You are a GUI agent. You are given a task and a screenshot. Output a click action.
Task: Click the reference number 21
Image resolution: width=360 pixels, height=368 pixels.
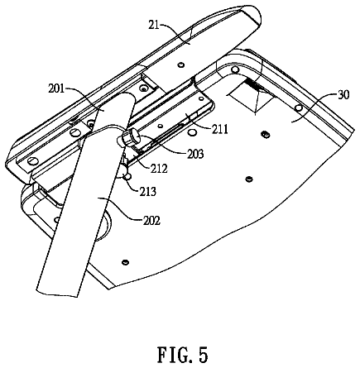point(154,25)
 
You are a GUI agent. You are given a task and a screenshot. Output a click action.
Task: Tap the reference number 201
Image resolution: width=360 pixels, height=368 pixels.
point(56,89)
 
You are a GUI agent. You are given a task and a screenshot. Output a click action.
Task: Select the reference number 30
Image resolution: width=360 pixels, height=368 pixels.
point(343,94)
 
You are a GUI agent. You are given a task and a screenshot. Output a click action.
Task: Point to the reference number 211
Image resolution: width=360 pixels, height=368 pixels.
point(220,129)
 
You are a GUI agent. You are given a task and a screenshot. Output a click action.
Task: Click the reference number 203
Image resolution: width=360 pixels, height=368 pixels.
point(195,154)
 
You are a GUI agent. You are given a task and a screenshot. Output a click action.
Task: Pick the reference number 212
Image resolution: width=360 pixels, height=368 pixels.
point(159,169)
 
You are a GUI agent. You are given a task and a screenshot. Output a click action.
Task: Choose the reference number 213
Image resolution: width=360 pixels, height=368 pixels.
point(147,191)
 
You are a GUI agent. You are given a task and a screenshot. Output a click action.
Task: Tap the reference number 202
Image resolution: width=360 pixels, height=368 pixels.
point(151,220)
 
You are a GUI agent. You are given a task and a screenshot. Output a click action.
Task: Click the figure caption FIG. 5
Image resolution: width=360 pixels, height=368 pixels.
point(182,355)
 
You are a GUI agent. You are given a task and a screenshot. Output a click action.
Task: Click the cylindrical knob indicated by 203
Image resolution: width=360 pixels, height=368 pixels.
point(127,138)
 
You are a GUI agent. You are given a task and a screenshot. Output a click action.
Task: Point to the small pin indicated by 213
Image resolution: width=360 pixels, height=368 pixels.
point(127,177)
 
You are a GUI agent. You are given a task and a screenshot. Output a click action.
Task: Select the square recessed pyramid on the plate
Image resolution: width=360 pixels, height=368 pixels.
point(250,98)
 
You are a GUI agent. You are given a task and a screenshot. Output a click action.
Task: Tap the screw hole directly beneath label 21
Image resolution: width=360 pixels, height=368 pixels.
point(180,65)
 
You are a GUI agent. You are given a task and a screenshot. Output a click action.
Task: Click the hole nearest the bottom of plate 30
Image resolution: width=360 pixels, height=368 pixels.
point(125,262)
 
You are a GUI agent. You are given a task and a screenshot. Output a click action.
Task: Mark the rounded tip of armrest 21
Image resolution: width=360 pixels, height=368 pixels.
point(254,17)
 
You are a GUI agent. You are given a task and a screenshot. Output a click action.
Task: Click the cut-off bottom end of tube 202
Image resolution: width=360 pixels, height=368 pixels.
point(57,293)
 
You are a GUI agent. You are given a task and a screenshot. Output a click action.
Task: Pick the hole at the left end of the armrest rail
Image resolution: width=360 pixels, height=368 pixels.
point(32,160)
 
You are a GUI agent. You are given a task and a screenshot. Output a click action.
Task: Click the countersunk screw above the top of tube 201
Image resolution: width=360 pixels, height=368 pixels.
point(143,88)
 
